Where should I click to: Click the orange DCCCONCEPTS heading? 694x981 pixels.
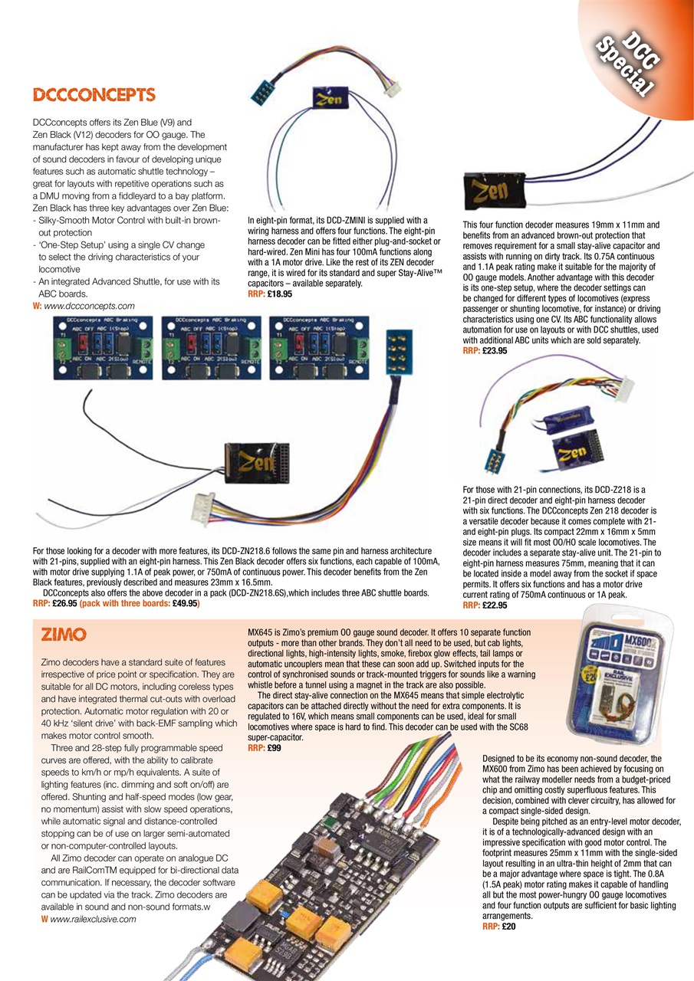point(94,95)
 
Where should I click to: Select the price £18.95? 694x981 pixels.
point(280,294)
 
